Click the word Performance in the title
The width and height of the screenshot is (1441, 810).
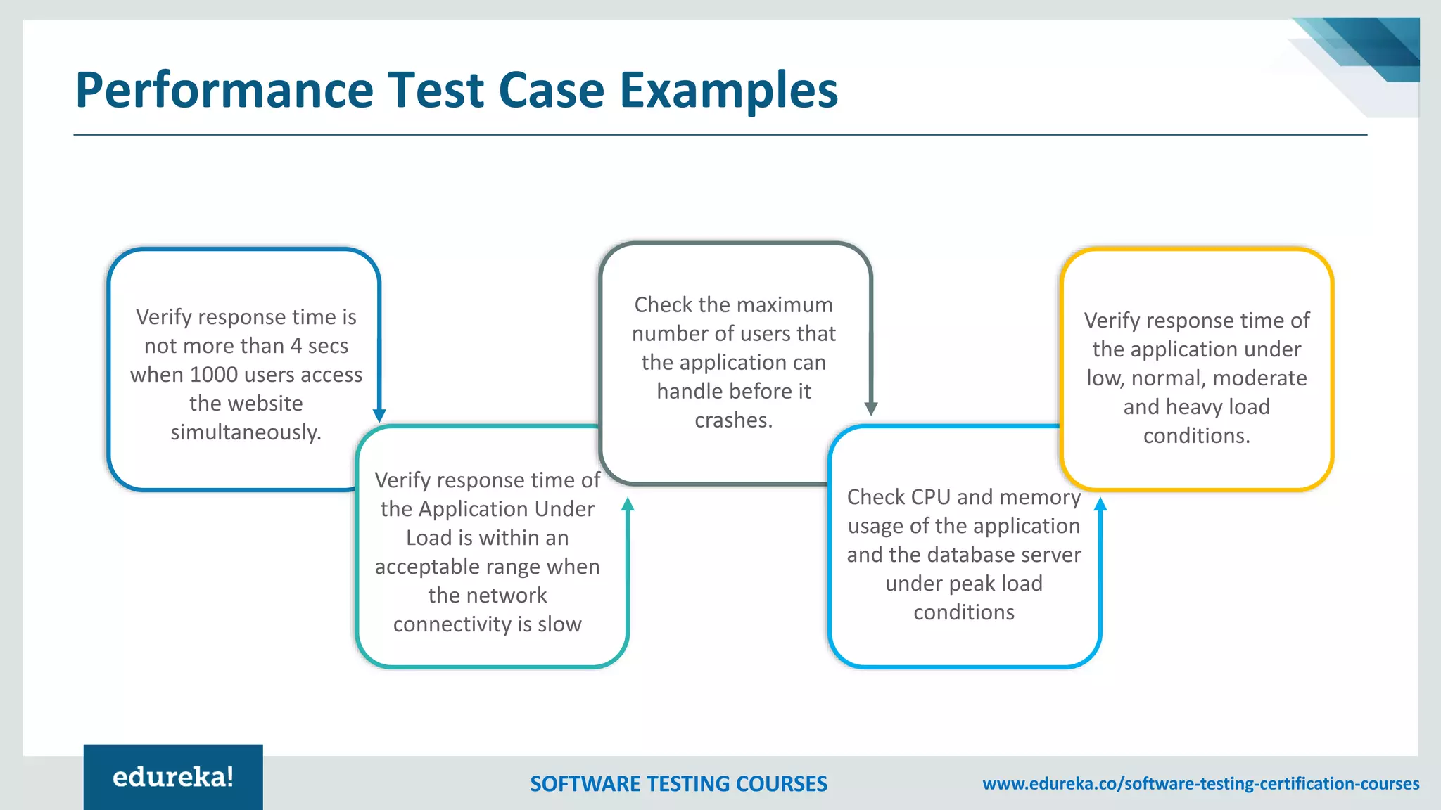(x=224, y=91)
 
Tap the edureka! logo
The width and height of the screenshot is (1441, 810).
(x=173, y=777)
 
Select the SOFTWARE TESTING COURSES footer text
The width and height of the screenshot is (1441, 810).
(x=678, y=784)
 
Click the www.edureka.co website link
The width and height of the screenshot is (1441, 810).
(x=1200, y=783)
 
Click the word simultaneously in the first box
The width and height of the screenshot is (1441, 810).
(x=245, y=432)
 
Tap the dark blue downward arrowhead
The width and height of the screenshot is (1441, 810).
(x=379, y=416)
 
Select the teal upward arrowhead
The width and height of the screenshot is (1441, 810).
(x=628, y=504)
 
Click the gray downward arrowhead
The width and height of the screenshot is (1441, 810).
(x=871, y=409)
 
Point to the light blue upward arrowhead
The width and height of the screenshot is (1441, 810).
(x=1100, y=504)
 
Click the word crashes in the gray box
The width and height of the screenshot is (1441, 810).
(x=732, y=420)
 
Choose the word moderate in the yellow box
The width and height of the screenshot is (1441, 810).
(x=1259, y=378)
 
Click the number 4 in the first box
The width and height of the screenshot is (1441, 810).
(x=296, y=346)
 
